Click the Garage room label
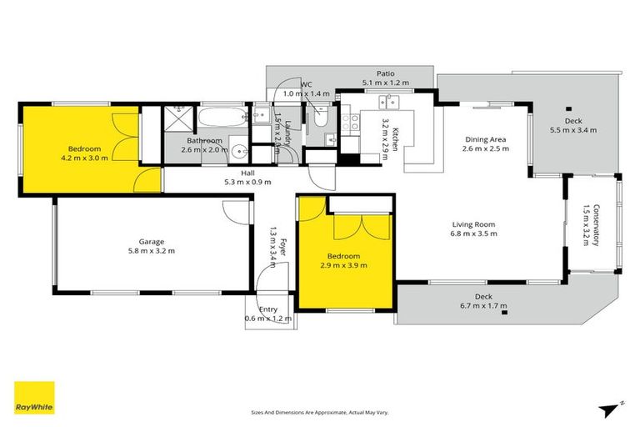click(x=151, y=240)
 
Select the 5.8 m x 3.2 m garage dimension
click(x=151, y=250)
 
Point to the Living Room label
click(x=473, y=224)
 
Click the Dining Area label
click(x=487, y=139)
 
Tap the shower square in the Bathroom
click(x=176, y=118)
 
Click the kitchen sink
click(x=388, y=103)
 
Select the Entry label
click(x=268, y=309)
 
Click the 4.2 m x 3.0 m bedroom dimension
click(x=84, y=157)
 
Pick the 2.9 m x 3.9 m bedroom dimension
click(x=343, y=265)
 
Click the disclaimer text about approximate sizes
click(x=320, y=412)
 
